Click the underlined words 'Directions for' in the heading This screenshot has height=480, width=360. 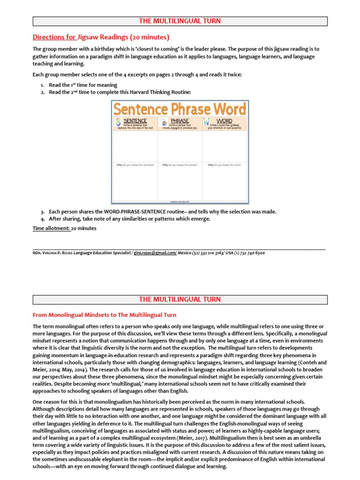pyautogui.click(x=52, y=37)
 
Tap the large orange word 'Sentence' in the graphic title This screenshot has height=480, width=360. pyautogui.click(x=147, y=109)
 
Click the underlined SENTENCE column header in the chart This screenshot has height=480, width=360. pyautogui.click(x=135, y=121)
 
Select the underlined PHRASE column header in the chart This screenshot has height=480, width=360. pyautogui.click(x=180, y=121)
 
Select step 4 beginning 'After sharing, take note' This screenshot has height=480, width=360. pyautogui.click(x=129, y=218)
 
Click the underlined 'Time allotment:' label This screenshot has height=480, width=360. pyautogui.click(x=51, y=228)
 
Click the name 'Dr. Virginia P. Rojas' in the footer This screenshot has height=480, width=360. pyautogui.click(x=55, y=253)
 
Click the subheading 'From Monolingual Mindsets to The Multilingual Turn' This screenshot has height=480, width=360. pyautogui.click(x=105, y=315)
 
